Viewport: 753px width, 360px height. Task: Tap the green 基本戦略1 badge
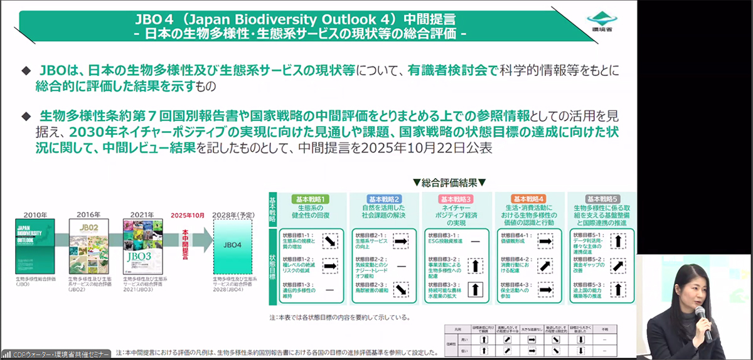tap(308, 199)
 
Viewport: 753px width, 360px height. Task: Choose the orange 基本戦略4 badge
tap(530, 199)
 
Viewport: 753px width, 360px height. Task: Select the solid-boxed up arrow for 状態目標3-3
tap(475, 290)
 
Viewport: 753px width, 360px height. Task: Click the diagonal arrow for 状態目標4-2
tap(546, 265)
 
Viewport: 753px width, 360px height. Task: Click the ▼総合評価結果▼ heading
tap(449, 183)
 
